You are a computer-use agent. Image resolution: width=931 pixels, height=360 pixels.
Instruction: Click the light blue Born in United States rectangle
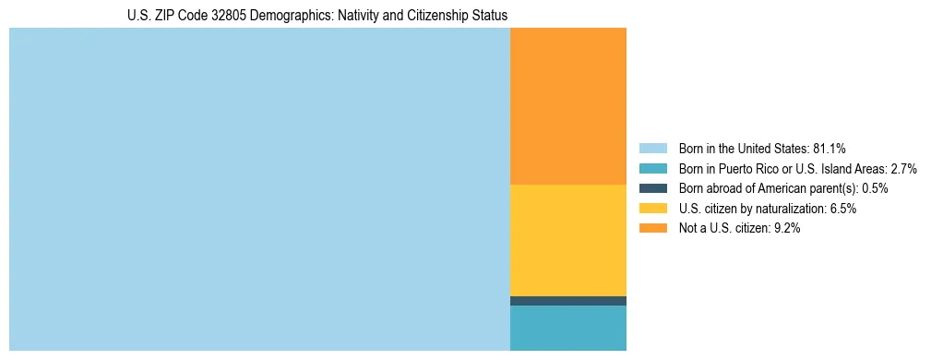pyautogui.click(x=259, y=189)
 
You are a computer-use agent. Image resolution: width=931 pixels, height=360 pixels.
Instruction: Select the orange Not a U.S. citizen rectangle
pyautogui.click(x=568, y=106)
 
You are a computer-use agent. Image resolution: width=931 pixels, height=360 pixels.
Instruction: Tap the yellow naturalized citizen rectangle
pyautogui.click(x=568, y=240)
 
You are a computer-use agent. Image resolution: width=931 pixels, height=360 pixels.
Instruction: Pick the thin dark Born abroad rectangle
pyautogui.click(x=568, y=301)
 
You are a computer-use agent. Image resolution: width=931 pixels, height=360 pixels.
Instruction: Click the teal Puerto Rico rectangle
pyautogui.click(x=568, y=328)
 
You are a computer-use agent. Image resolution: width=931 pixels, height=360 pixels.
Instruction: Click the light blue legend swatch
pyautogui.click(x=652, y=149)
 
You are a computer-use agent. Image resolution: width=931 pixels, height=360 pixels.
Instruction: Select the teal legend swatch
pyautogui.click(x=652, y=169)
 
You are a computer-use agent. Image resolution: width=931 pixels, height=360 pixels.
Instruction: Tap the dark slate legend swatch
pyautogui.click(x=652, y=188)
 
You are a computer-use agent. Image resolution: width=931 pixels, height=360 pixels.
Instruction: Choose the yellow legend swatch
pyautogui.click(x=652, y=209)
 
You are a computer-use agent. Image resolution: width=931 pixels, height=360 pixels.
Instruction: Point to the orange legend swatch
pyautogui.click(x=652, y=229)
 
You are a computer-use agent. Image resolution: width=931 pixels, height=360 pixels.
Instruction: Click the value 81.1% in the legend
pyautogui.click(x=830, y=149)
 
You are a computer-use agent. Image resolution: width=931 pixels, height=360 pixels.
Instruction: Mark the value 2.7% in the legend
pyautogui.click(x=903, y=169)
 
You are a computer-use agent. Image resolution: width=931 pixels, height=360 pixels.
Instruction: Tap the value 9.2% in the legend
pyautogui.click(x=785, y=229)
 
